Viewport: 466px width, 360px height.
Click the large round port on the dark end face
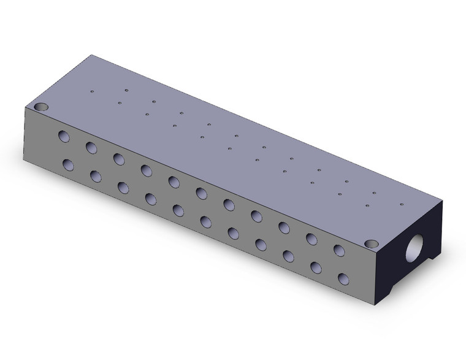[418, 248]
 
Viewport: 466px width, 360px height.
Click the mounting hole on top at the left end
[41, 107]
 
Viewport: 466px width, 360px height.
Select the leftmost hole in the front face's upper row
[64, 136]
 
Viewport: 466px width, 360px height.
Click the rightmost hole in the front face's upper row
[338, 250]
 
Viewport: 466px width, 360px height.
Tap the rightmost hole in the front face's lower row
[343, 278]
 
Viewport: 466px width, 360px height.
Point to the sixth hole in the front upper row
[201, 193]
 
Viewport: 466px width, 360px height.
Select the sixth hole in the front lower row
[205, 221]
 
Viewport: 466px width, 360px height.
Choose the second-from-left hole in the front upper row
[91, 147]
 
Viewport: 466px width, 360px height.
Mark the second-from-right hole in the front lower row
[316, 267]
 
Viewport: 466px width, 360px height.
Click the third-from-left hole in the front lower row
[123, 187]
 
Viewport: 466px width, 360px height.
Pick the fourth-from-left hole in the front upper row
[146, 170]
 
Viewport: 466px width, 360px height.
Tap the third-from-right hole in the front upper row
[284, 227]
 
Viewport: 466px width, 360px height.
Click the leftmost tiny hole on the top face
[92, 92]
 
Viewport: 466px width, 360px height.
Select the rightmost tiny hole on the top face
[402, 205]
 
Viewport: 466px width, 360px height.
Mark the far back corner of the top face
[93, 55]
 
